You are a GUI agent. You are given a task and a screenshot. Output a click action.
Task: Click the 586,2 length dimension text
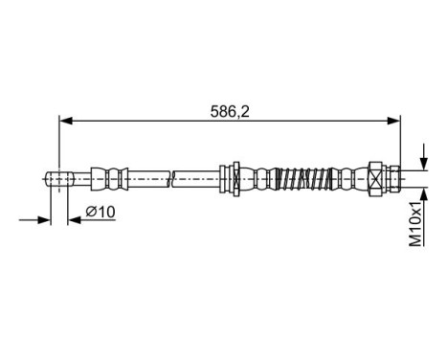230,110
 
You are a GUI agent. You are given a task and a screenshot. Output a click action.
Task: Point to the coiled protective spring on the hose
299,177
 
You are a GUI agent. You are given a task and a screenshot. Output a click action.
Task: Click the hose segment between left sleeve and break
148,177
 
